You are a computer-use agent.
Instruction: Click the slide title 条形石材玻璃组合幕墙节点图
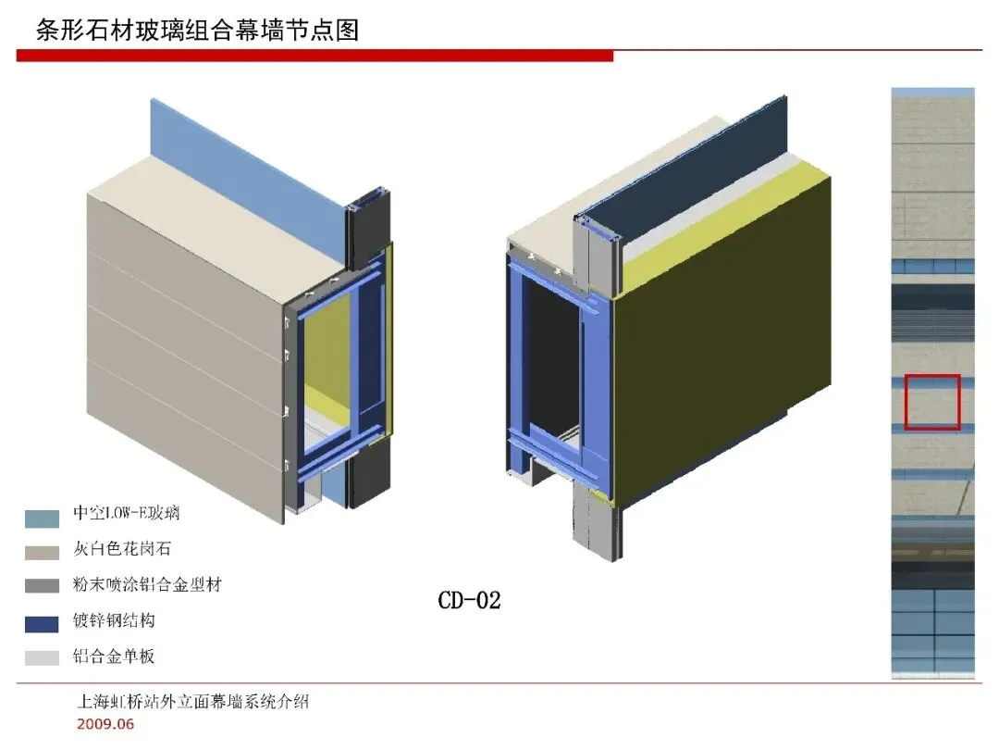point(197,31)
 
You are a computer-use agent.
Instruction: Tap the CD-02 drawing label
point(469,600)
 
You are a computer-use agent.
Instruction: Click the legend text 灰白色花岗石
point(122,549)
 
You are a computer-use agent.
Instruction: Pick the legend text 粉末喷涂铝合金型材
point(147,585)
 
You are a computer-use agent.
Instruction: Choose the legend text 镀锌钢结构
point(114,620)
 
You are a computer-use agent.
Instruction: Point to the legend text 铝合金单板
point(114,656)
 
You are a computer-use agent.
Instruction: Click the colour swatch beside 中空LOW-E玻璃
point(42,518)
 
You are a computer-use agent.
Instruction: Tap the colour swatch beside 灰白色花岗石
point(42,552)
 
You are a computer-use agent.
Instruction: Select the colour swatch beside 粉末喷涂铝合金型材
point(42,587)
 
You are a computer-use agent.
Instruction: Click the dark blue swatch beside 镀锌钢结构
point(42,623)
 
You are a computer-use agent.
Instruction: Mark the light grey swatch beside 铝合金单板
point(42,658)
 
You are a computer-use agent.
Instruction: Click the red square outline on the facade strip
point(932,402)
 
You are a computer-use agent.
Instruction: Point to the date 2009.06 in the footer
point(105,724)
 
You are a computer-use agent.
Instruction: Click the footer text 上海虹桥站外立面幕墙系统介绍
point(192,702)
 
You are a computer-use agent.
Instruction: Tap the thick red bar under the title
point(314,56)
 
